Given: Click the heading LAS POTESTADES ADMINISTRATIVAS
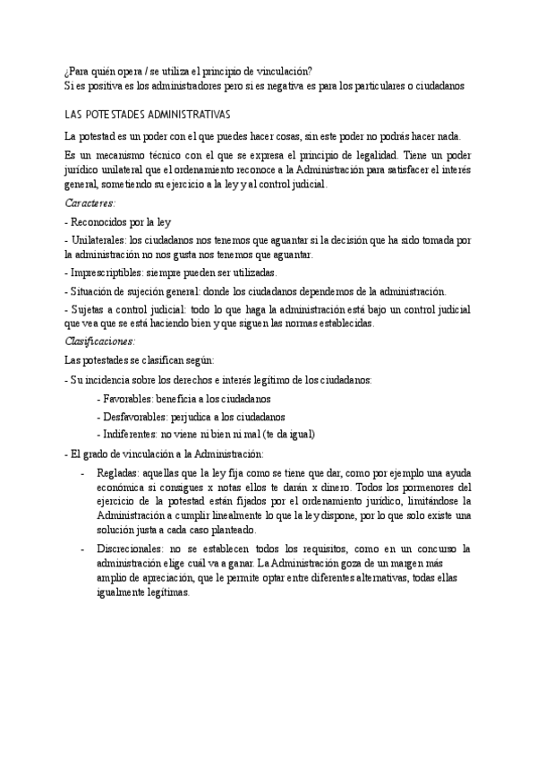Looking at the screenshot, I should point(148,116).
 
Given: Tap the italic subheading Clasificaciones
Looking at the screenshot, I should point(100,341).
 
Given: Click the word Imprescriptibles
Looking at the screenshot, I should point(109,272).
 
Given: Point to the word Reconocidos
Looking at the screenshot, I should point(107,221).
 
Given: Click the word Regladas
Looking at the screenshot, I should point(117,471).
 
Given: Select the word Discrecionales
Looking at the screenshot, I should point(130,547).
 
